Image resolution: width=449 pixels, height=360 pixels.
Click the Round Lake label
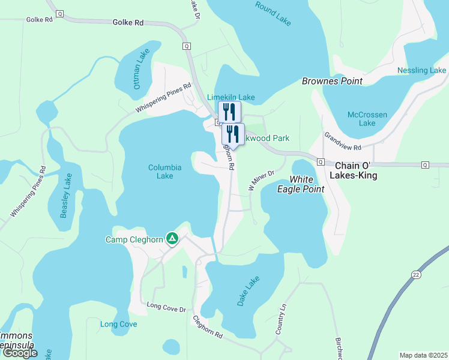tap(273, 13)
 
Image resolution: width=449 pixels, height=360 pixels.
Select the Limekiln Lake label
tap(231, 97)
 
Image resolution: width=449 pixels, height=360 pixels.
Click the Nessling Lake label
tap(421, 71)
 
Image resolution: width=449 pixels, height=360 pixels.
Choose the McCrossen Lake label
tap(367, 119)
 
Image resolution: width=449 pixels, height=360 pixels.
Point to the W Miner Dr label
tap(261, 178)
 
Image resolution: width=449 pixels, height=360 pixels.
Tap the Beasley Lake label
tap(66, 194)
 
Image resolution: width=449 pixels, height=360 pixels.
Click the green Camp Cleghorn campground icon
tap(172, 239)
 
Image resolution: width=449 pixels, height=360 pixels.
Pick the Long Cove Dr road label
tap(166, 308)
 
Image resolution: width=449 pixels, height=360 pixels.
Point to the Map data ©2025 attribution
tap(423, 355)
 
